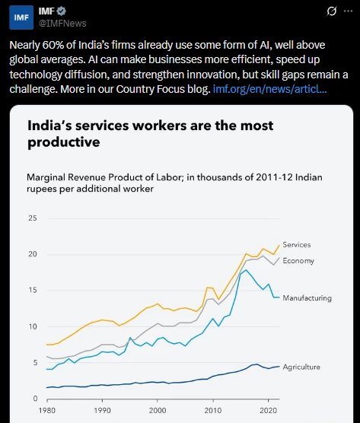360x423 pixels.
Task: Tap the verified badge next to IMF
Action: (x=62, y=11)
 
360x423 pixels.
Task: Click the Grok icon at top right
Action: (x=331, y=11)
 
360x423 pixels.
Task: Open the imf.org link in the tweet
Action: (x=270, y=89)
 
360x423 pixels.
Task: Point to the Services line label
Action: (x=296, y=245)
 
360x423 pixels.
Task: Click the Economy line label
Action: (x=298, y=261)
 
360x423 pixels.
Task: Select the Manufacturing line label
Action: (x=307, y=298)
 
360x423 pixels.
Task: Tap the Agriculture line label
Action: (x=301, y=367)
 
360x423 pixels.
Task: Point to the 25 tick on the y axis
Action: (x=32, y=218)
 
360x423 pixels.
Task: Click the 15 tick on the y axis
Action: (x=32, y=291)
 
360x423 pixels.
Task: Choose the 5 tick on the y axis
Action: (x=33, y=363)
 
